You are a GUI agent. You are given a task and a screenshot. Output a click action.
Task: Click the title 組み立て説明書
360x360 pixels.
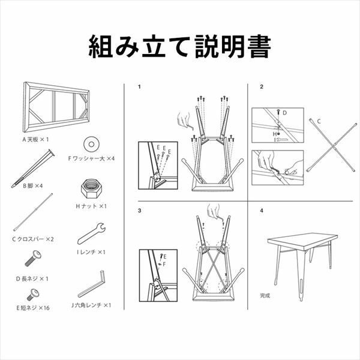[x=180, y=46]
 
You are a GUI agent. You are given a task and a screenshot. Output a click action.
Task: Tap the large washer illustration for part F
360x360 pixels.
[x=91, y=144]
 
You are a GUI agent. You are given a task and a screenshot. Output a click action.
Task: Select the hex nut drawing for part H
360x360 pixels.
[x=91, y=188]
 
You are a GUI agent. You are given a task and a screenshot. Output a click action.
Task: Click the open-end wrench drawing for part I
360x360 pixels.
[x=91, y=233]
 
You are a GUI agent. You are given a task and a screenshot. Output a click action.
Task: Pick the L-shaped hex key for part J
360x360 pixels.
[x=91, y=284]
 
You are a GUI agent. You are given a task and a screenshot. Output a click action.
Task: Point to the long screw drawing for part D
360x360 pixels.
[x=33, y=259]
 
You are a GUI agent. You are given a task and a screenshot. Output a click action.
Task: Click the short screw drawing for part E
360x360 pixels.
[x=33, y=295]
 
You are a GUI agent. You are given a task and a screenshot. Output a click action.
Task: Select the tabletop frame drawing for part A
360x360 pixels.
[x=56, y=107]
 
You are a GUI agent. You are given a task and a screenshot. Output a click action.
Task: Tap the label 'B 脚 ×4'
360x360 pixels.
[x=33, y=186]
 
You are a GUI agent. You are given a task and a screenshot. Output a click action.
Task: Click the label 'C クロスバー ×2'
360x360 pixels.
[x=33, y=239]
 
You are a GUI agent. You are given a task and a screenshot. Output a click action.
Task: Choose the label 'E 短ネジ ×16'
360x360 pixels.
[x=33, y=308]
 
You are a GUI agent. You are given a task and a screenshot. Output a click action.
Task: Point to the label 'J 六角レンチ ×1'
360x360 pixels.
[x=91, y=305]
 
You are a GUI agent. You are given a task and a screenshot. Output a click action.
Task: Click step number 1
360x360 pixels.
[x=139, y=87]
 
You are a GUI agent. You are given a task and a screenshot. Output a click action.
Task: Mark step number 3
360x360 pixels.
[x=140, y=211]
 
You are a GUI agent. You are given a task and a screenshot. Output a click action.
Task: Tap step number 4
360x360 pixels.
[x=262, y=211]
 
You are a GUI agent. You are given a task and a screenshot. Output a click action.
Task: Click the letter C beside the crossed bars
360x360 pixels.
[x=319, y=121]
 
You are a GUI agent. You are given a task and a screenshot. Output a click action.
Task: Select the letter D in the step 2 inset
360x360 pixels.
[x=284, y=113]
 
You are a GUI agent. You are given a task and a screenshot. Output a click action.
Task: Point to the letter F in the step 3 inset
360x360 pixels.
[x=164, y=264]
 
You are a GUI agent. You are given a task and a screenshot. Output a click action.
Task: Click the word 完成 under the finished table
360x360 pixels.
[x=265, y=295]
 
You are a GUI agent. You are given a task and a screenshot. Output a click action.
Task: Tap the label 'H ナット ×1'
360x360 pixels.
[x=91, y=206]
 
